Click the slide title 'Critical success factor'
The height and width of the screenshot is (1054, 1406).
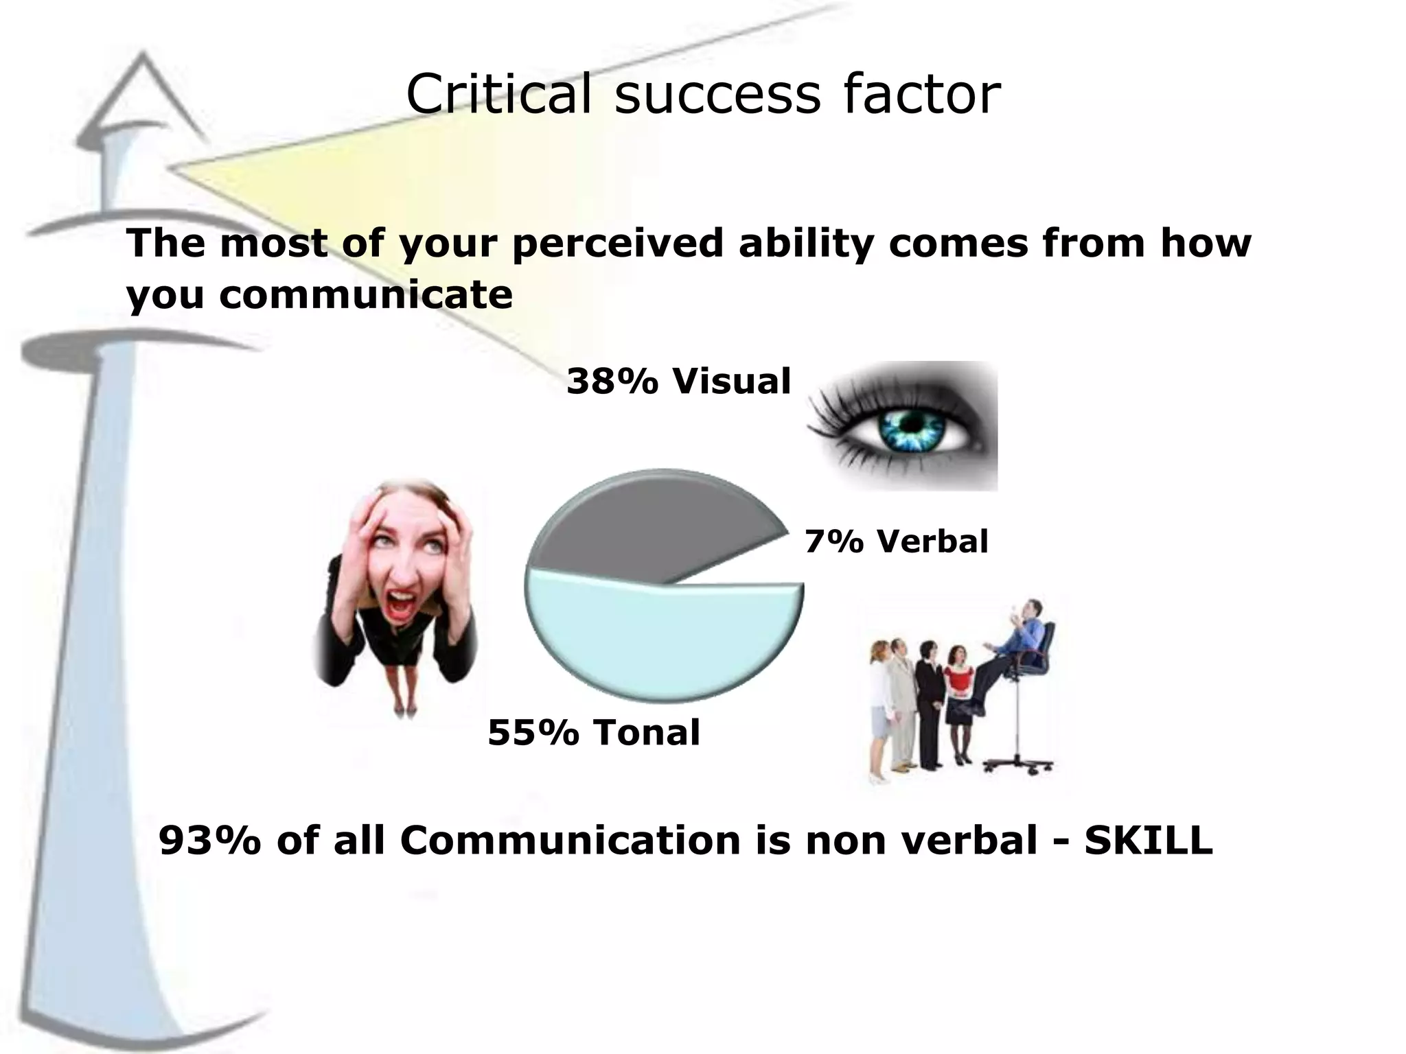point(703,94)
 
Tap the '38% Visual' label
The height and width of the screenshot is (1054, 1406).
point(678,381)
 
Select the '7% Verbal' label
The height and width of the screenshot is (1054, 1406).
point(896,541)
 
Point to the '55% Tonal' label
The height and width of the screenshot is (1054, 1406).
point(594,732)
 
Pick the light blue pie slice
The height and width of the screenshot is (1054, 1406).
point(659,638)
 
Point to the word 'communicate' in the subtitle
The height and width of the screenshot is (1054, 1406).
point(366,295)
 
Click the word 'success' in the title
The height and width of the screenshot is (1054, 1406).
point(717,94)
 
